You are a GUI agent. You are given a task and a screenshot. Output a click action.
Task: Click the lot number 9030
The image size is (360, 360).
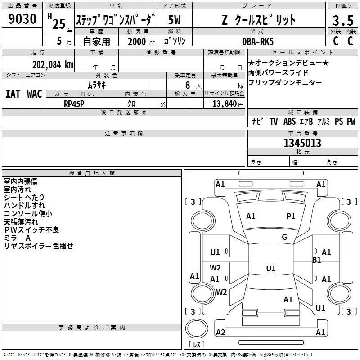[22, 19]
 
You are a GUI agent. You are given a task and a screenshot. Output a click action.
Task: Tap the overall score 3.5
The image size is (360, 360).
[343, 20]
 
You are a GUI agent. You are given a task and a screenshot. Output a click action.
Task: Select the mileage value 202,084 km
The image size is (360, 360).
[53, 65]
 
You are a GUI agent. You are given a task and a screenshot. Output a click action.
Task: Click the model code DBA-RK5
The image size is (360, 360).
[258, 41]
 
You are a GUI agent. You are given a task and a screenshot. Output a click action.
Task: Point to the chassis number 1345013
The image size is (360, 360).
[302, 143]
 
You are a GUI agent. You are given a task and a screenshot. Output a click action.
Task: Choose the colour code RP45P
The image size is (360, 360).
[74, 104]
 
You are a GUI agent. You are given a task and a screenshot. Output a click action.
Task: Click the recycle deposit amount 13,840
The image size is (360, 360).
[225, 104]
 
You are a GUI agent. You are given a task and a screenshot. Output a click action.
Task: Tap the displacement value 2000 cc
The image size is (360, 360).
[141, 41]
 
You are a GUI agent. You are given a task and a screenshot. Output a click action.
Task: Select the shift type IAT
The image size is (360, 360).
[13, 94]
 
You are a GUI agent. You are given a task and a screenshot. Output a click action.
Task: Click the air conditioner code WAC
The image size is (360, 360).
[35, 94]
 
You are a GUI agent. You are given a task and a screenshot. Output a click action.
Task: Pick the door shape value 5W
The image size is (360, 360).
[174, 20]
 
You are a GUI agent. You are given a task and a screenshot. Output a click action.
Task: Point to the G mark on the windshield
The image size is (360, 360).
[284, 237]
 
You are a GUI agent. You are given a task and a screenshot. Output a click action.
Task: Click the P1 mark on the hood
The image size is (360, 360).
[291, 216]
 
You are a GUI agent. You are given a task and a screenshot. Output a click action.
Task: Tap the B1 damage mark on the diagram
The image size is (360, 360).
[316, 260]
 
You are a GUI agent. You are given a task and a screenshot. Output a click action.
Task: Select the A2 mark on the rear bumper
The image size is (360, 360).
[220, 333]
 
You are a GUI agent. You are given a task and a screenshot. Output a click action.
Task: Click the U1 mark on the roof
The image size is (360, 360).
[271, 268]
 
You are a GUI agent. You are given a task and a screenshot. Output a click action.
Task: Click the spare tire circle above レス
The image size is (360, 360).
[197, 328]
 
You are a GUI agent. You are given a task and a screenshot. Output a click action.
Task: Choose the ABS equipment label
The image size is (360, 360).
[289, 121]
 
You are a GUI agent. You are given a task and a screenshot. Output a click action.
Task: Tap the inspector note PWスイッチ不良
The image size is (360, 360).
[31, 230]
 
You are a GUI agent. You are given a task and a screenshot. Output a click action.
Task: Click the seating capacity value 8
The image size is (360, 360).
[188, 85]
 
